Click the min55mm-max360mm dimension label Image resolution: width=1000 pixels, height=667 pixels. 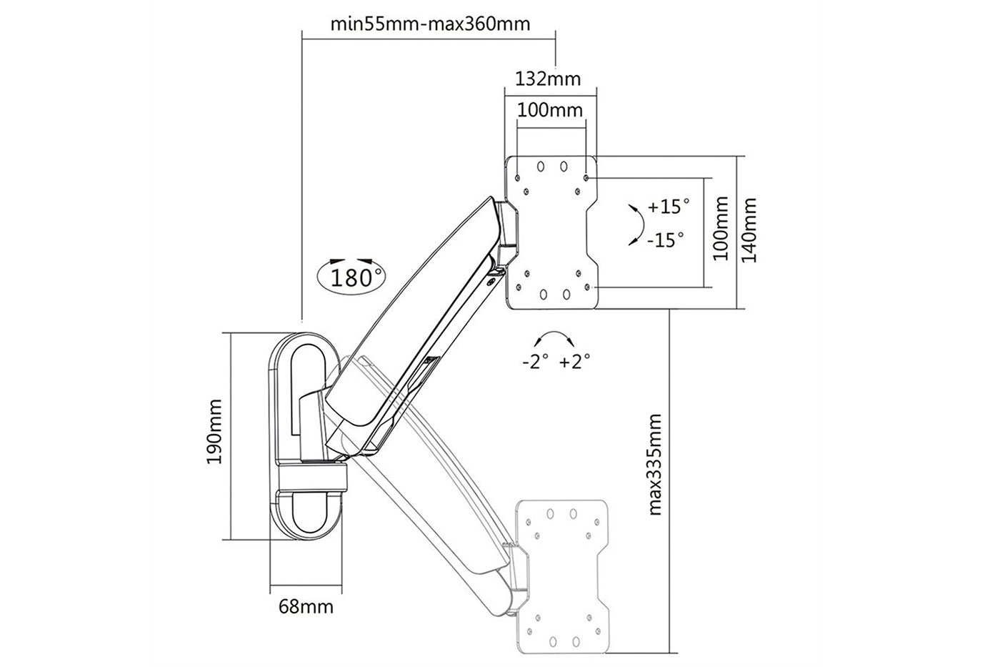click(x=430, y=24)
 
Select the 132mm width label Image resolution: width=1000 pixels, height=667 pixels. click(x=549, y=78)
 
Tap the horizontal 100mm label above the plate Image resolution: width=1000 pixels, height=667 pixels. click(x=549, y=110)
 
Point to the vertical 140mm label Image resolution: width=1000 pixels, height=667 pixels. click(x=748, y=230)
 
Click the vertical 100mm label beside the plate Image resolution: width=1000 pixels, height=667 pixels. click(x=721, y=230)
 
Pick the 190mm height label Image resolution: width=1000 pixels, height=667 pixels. click(x=214, y=433)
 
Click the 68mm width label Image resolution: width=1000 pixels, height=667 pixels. click(x=306, y=607)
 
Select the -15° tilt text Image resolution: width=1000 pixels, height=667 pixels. click(x=665, y=239)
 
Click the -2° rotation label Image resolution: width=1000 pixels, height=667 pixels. click(x=535, y=362)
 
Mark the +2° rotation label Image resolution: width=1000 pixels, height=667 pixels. click(x=575, y=362)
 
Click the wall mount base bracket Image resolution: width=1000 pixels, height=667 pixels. click(x=307, y=436)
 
